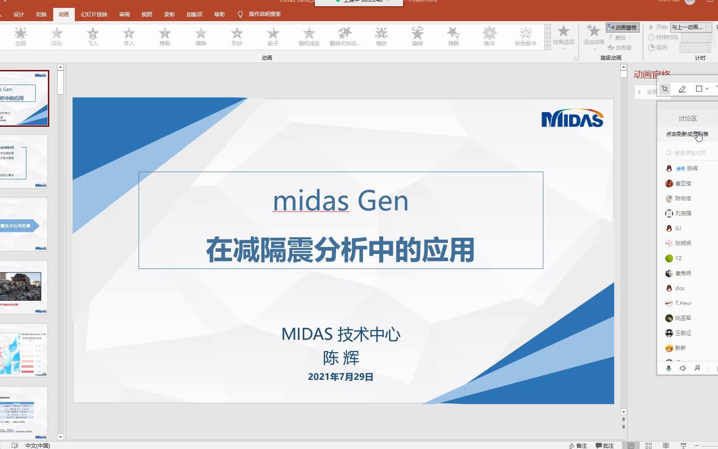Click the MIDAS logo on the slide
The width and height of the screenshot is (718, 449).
(x=572, y=118)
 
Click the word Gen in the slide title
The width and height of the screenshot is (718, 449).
(x=383, y=201)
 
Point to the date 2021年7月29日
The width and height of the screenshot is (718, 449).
(x=341, y=377)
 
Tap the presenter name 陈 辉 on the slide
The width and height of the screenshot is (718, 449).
(x=341, y=357)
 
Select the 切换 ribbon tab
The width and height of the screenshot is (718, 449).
(x=41, y=14)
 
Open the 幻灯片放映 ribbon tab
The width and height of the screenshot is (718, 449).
(x=94, y=14)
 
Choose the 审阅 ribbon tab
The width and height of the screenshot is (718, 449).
(x=125, y=14)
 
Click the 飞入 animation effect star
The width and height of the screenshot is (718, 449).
(x=93, y=34)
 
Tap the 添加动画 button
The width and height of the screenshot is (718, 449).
(x=593, y=34)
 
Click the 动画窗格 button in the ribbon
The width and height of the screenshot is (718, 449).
(x=623, y=27)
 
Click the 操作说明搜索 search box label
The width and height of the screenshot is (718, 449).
(x=264, y=14)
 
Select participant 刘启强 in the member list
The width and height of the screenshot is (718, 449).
(x=683, y=213)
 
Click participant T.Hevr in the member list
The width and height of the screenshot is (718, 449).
(x=683, y=303)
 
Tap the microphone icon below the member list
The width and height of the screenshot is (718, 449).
(x=669, y=368)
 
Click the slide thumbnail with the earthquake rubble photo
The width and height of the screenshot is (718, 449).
(x=24, y=287)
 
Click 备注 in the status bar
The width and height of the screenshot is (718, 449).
(x=578, y=445)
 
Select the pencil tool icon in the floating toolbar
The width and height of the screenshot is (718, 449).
(x=682, y=89)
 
